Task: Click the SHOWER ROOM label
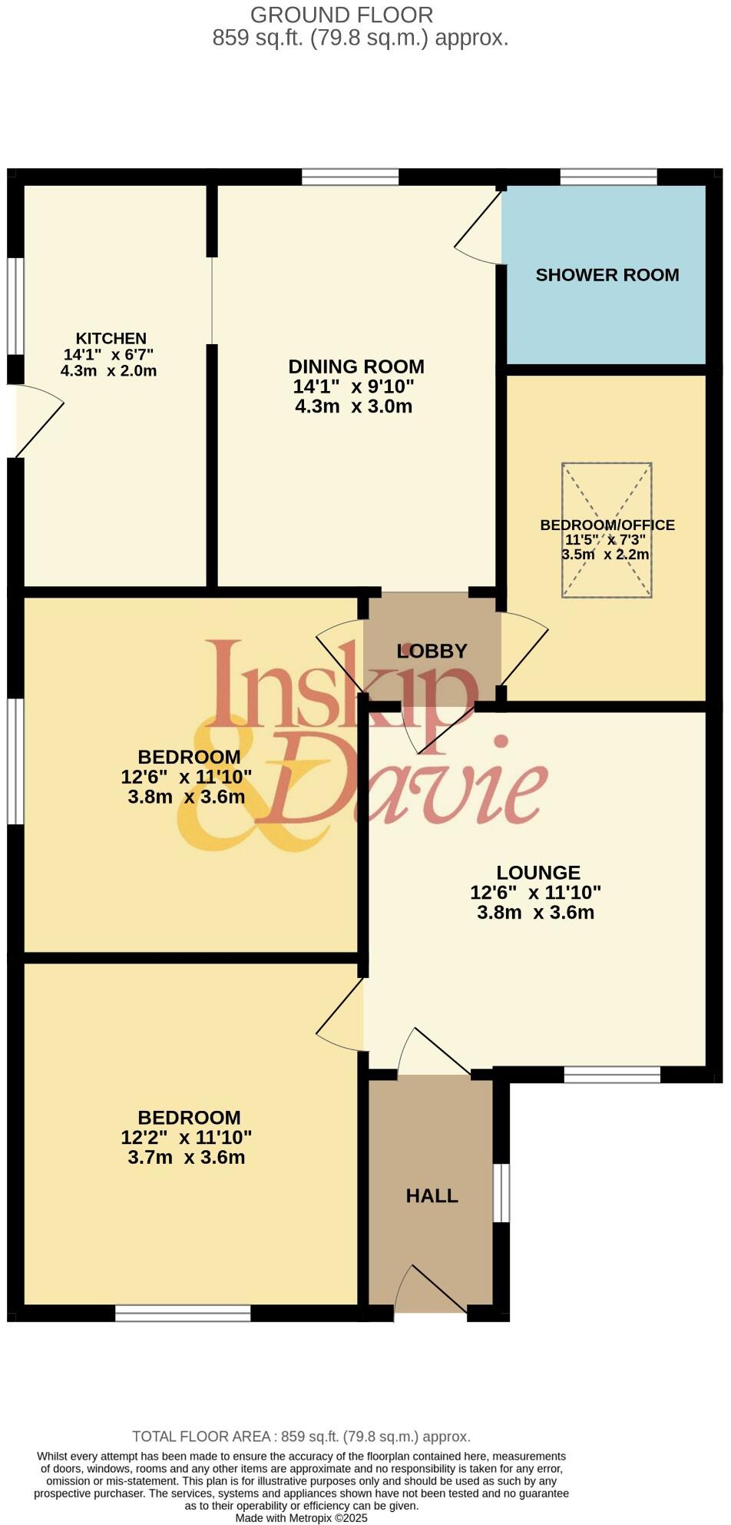point(607,275)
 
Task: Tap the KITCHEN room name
point(111,338)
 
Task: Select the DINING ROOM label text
point(356,366)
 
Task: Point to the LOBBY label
point(432,651)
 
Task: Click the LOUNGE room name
point(537,873)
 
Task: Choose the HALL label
point(432,1195)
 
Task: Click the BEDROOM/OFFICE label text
point(607,525)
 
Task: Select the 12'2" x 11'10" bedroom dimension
point(186,1137)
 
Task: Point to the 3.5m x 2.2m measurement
point(606,555)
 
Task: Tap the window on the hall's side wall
point(501,1192)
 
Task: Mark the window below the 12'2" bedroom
point(183,1313)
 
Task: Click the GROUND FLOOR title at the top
point(342,15)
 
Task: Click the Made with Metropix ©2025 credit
point(301,1518)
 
